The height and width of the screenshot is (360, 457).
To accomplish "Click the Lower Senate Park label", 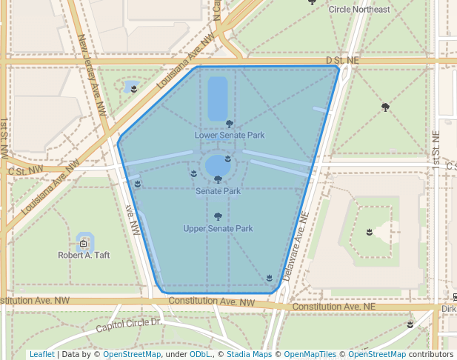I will [x=230, y=136].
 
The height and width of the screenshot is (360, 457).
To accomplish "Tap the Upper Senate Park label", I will [x=218, y=229].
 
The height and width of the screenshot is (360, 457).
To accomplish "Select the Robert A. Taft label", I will [x=84, y=255].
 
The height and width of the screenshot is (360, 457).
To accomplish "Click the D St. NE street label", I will [x=342, y=59].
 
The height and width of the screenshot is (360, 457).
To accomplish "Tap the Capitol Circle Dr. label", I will [x=129, y=324].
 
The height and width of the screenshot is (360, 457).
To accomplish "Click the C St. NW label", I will [x=25, y=170].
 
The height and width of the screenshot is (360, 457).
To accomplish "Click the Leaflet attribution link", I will [x=41, y=354].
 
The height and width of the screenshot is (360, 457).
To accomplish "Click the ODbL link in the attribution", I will [x=199, y=354].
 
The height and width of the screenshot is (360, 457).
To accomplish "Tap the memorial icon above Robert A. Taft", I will [x=84, y=242].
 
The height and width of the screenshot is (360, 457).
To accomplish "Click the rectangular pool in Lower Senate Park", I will [x=218, y=99].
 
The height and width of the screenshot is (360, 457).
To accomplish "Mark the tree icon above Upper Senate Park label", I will [x=218, y=216].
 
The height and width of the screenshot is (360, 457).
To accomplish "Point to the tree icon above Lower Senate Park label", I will [x=229, y=124].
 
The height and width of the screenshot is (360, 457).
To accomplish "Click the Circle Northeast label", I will [x=359, y=9].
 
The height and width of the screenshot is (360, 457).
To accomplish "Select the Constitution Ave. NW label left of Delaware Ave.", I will [x=211, y=301].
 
